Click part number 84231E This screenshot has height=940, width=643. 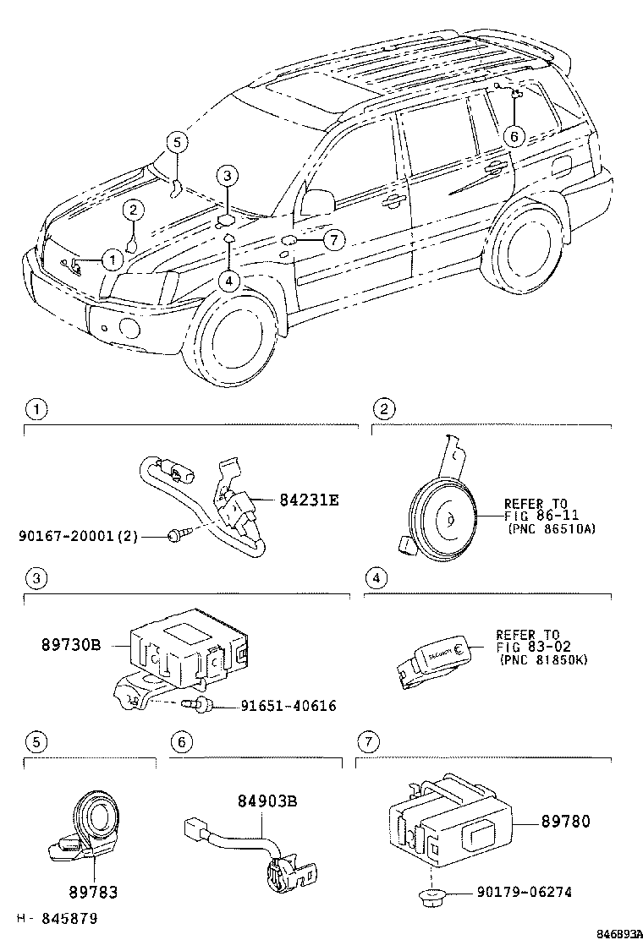coord(309,500)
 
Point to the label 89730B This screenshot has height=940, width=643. coord(71,645)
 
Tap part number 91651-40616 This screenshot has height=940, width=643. coord(276,705)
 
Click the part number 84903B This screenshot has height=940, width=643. coord(267,801)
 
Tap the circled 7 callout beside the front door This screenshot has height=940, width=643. coord(333,241)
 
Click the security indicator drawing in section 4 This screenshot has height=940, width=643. coord(432,659)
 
